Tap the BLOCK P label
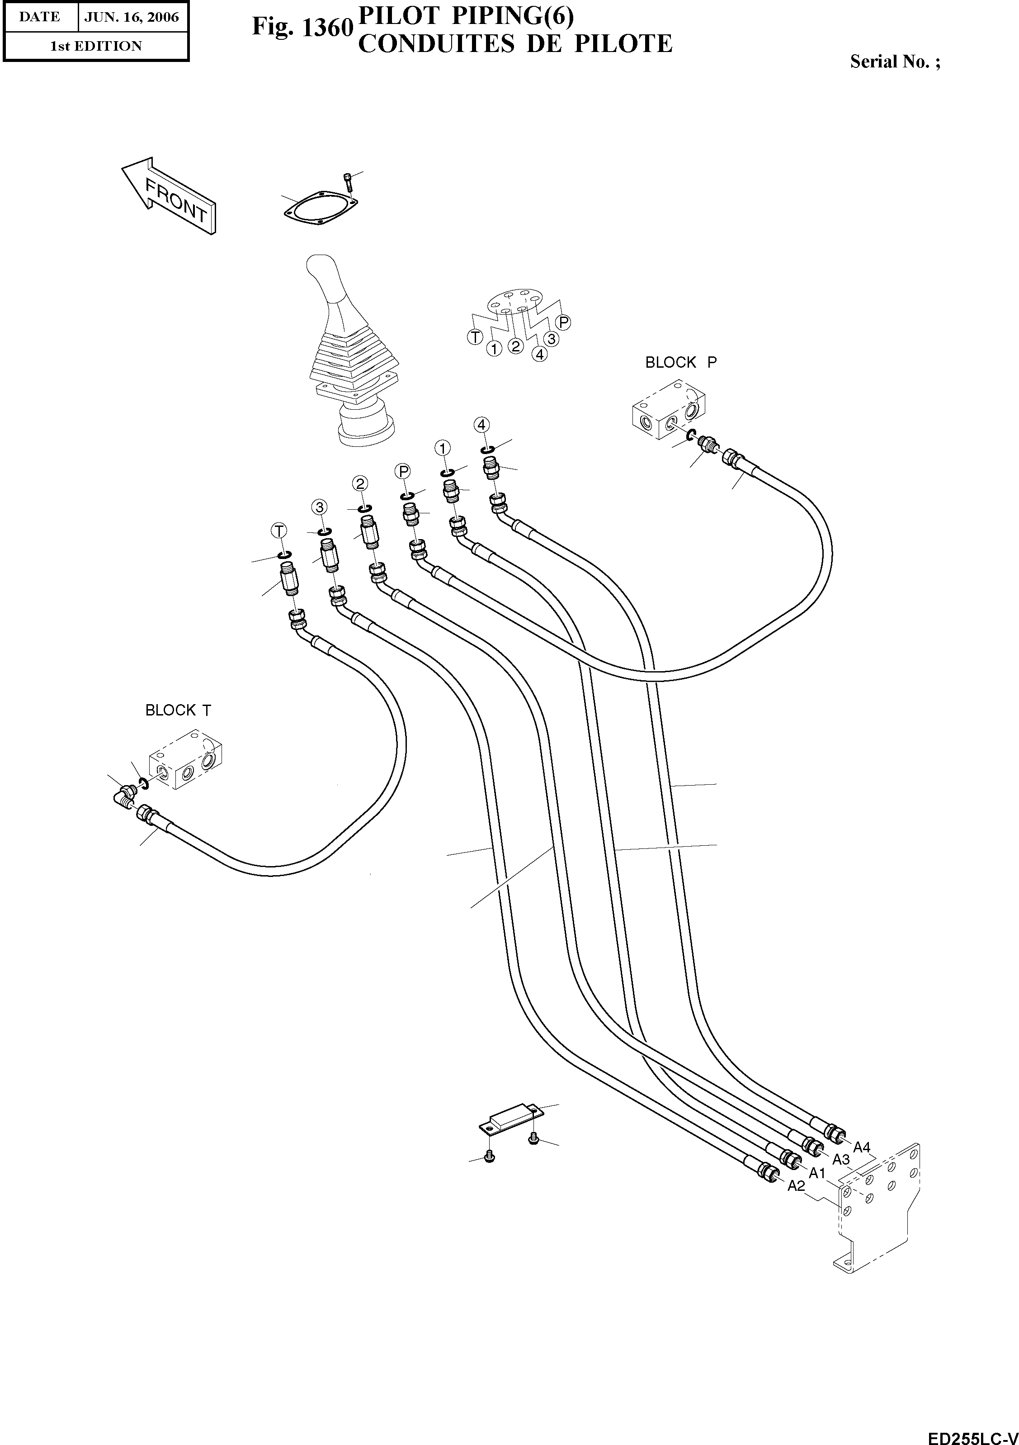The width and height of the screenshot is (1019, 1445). pyautogui.click(x=680, y=363)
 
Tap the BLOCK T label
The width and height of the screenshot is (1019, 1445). pyautogui.click(x=178, y=711)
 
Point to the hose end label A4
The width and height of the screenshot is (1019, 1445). pyautogui.click(x=861, y=1147)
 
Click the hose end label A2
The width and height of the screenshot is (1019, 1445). pyautogui.click(x=796, y=1186)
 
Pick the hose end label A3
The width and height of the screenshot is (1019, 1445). pyautogui.click(x=841, y=1159)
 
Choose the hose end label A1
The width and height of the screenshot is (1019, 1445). pyautogui.click(x=816, y=1173)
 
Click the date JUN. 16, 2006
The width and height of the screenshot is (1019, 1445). pyautogui.click(x=132, y=17)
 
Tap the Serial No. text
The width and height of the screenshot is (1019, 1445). pyautogui.click(x=895, y=62)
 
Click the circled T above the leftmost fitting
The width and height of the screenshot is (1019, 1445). pyautogui.click(x=278, y=531)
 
